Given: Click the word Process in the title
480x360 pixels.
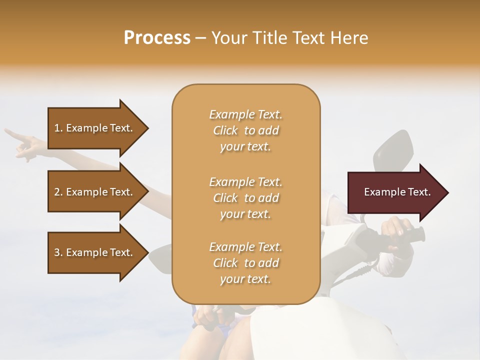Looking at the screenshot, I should click(157, 38).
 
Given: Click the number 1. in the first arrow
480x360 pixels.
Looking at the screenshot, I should click(58, 128).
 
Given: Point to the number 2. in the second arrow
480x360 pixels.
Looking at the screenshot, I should click(58, 192).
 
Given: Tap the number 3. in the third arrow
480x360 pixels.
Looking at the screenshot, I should click(58, 253).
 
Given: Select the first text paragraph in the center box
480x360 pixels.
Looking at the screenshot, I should click(246, 130).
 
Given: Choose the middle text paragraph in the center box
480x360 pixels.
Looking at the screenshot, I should click(246, 198).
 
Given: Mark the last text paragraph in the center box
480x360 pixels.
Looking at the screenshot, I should click(246, 263).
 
